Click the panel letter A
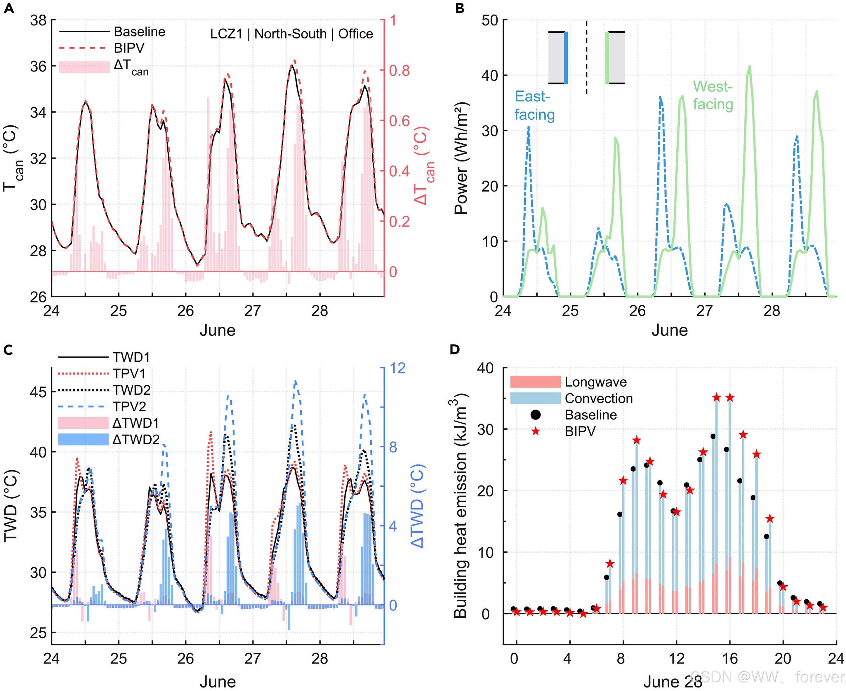tap(9, 8)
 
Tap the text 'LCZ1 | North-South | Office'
tap(291, 34)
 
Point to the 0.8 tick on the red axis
tap(399, 70)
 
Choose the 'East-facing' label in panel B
tap(534, 105)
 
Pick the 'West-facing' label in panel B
tap(713, 95)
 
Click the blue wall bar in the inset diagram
tap(566, 58)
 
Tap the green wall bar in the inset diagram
tap(607, 58)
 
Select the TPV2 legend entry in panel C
tap(129, 406)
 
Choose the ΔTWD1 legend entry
tap(136, 423)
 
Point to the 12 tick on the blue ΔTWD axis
tap(397, 368)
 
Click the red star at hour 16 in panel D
tap(729, 397)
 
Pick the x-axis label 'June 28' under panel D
tap(673, 681)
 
